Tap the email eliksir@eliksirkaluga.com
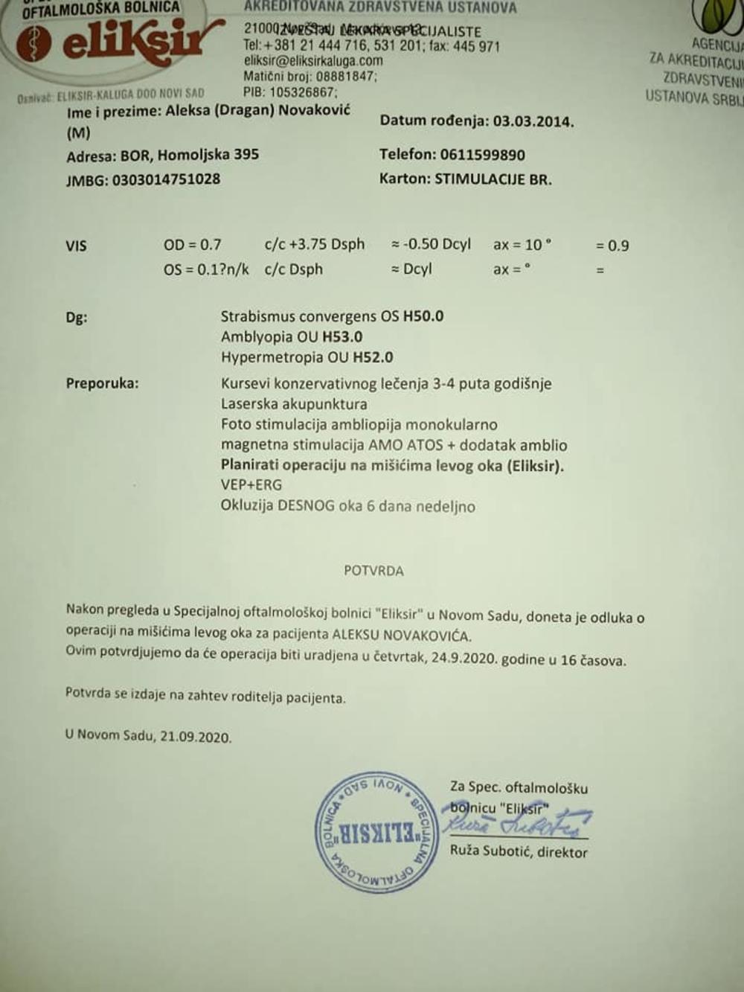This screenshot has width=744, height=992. click(x=313, y=61)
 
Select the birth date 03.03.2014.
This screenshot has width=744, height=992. click(x=533, y=121)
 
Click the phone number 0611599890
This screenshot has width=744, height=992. click(x=482, y=155)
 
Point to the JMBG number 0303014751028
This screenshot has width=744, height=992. click(x=166, y=179)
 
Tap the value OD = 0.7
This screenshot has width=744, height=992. click(x=192, y=245)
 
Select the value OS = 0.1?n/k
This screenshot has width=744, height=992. click(x=206, y=269)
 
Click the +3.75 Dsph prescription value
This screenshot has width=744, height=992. click(x=327, y=245)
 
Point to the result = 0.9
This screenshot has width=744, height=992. click(x=612, y=246)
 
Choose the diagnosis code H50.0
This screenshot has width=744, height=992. click(x=423, y=316)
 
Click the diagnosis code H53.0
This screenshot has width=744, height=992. click(x=342, y=337)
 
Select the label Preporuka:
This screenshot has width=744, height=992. click(x=102, y=384)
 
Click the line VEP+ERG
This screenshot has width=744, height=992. click(x=251, y=485)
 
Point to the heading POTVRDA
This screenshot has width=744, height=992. click(x=373, y=571)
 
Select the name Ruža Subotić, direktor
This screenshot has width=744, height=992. click(x=519, y=851)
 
